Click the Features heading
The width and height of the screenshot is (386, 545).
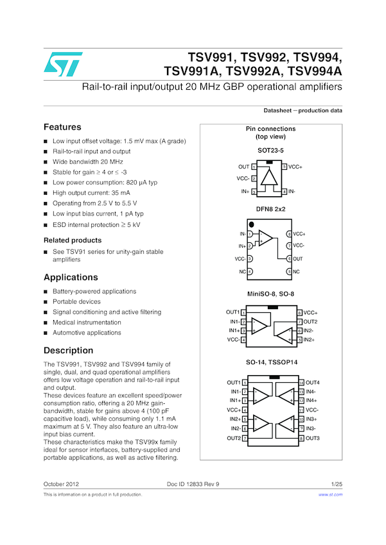coord(62,127)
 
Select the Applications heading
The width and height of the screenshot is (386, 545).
coord(71,278)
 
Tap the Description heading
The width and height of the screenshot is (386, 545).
coord(68,351)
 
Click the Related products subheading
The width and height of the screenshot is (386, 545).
coord(72,240)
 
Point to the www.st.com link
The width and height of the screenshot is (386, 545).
coord(330,495)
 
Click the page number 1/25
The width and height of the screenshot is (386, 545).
coord(336,483)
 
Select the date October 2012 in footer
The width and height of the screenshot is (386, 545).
coord(61,483)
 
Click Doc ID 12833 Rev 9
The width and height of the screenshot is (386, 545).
coord(193,483)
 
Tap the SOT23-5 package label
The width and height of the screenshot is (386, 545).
coord(270,151)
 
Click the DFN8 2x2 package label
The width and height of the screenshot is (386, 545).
coord(270,210)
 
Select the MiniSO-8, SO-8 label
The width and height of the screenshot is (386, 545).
coord(270,294)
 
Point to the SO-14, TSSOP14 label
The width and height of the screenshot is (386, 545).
coord(270,363)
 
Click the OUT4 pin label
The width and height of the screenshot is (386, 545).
coord(313,383)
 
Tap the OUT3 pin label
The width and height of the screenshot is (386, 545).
coord(313,438)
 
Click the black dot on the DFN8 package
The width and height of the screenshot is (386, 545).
coord(242,224)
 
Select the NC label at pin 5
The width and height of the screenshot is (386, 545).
coord(296,272)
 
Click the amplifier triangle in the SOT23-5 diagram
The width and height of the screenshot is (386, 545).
coord(271,178)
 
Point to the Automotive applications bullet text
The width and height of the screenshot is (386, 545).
coord(87,333)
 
